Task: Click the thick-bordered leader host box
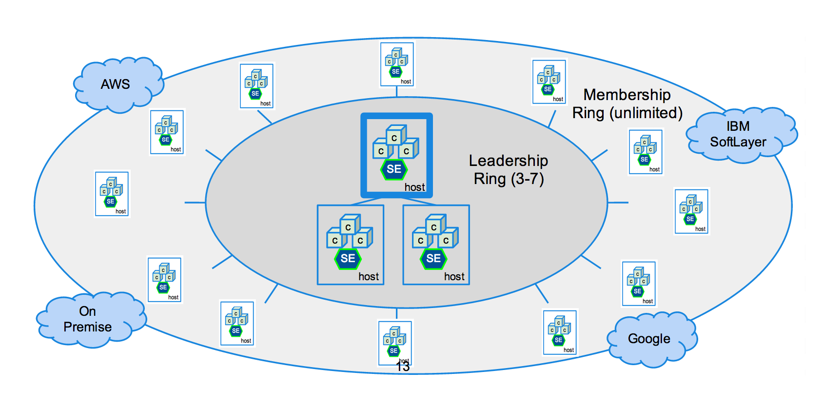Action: pyautogui.click(x=396, y=155)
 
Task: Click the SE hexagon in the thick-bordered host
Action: pyautogui.click(x=394, y=169)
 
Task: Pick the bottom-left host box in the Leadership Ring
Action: pyautogui.click(x=351, y=245)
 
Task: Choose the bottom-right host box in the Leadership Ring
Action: pyautogui.click(x=436, y=245)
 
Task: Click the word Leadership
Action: pyautogui.click(x=508, y=161)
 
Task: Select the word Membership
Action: pyautogui.click(x=627, y=95)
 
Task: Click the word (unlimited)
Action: pyautogui.click(x=646, y=113)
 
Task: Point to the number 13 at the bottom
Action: pyautogui.click(x=403, y=367)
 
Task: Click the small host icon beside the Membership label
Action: pyautogui.click(x=549, y=82)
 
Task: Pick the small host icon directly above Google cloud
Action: pyautogui.click(x=639, y=283)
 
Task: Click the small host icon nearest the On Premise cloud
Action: pyautogui.click(x=164, y=280)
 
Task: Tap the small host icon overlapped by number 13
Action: pyautogui.click(x=395, y=342)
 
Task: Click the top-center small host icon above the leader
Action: pyautogui.click(x=397, y=64)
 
